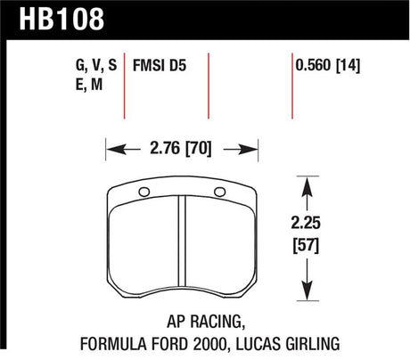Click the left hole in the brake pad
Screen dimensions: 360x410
click(145, 192)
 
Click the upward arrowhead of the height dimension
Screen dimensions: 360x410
click(307, 183)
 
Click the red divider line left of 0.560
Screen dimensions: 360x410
click(292, 85)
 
